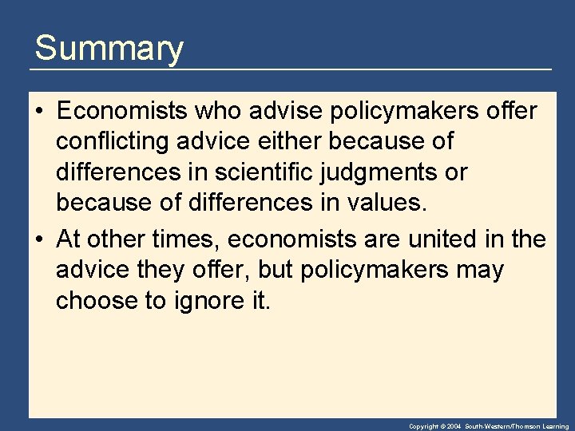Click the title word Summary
tap(109, 48)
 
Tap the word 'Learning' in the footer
tap(554, 427)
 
